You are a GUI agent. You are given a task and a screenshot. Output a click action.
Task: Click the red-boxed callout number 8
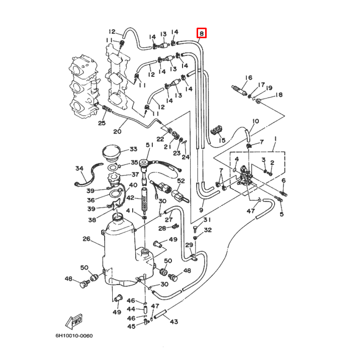tap(202, 33)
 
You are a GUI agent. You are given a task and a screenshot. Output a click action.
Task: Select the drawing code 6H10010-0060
tap(74, 336)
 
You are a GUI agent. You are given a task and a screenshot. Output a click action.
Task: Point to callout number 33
tap(133, 149)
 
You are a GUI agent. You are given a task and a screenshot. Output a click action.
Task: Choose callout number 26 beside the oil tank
tap(86, 239)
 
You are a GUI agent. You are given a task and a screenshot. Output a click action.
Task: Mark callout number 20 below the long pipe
tap(118, 132)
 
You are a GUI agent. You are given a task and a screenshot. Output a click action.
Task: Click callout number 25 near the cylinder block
tap(102, 123)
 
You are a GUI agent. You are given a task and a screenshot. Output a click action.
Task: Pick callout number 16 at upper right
tap(248, 77)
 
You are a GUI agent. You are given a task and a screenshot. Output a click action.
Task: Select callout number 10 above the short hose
tap(255, 121)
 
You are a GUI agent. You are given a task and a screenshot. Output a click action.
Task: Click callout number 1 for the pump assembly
tap(275, 138)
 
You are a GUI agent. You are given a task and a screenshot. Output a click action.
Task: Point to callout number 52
tap(181, 181)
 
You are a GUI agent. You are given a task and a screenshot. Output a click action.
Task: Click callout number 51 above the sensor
tap(149, 145)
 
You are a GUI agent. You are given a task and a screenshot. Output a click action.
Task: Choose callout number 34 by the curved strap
tap(79, 168)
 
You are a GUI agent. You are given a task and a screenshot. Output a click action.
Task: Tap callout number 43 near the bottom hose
tap(174, 322)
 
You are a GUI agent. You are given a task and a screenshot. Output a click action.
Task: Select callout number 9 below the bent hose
tap(201, 210)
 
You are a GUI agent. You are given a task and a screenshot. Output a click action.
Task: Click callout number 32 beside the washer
tap(208, 230)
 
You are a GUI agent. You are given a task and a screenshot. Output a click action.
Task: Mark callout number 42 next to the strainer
tap(130, 198)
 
